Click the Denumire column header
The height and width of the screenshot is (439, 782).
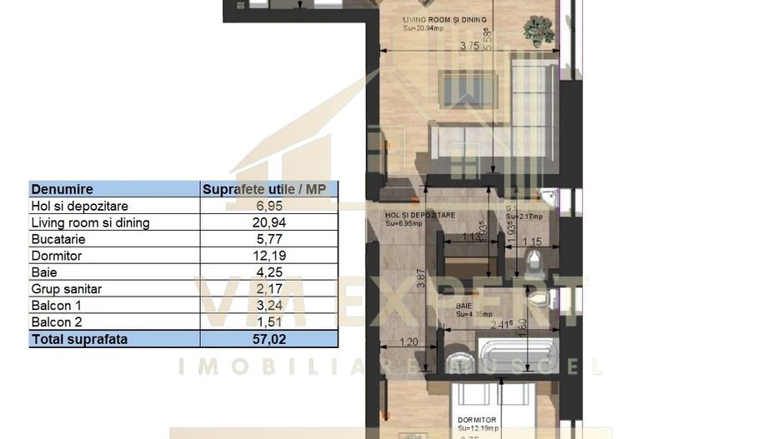pyautogui.click(x=63, y=190)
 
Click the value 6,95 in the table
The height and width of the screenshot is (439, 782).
pyautogui.click(x=268, y=207)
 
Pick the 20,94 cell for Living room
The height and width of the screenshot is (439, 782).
pyautogui.click(x=268, y=223)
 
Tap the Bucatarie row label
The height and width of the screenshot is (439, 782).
pyautogui.click(x=58, y=240)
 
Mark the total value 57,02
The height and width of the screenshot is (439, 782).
pyautogui.click(x=268, y=339)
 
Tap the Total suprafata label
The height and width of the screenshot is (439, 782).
pyautogui.click(x=79, y=339)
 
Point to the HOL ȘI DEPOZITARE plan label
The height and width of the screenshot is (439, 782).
pyautogui.click(x=420, y=215)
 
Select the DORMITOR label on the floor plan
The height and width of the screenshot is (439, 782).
pyautogui.click(x=477, y=420)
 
